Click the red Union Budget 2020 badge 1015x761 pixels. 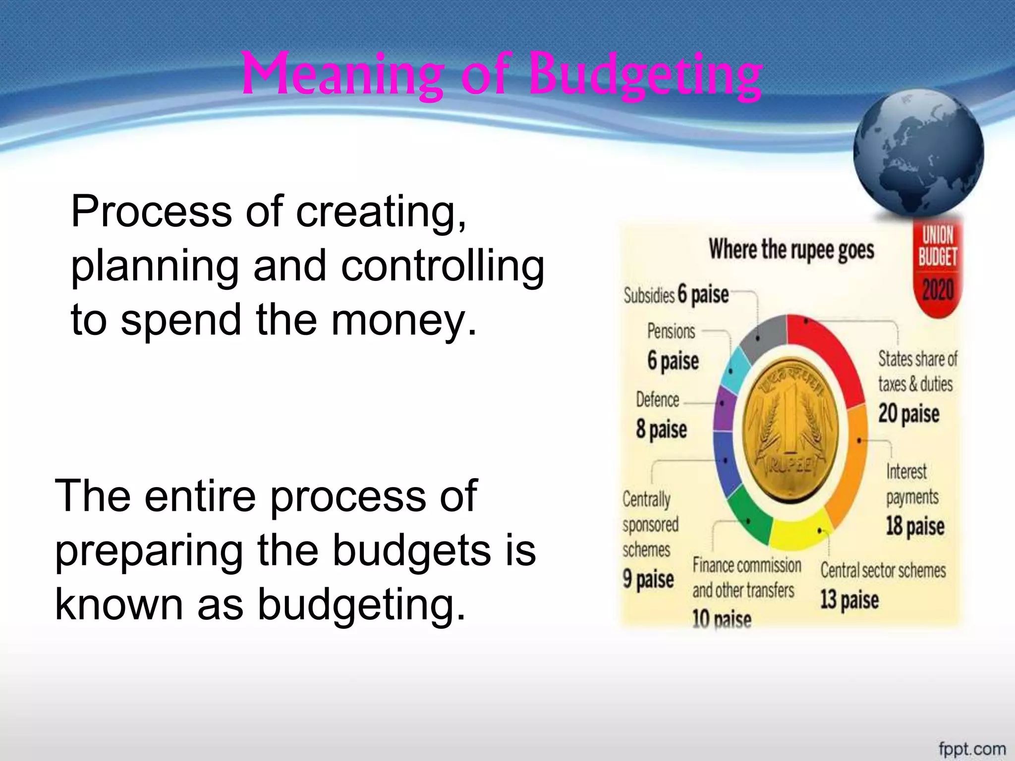(937, 268)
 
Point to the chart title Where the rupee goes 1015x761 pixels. (791, 249)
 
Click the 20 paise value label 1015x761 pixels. (908, 414)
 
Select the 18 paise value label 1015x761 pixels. (915, 526)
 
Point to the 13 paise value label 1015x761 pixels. (849, 599)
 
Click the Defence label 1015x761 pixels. (657, 400)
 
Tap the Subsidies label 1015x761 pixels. (649, 296)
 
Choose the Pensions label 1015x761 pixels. (671, 331)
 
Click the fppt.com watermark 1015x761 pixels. (972, 748)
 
